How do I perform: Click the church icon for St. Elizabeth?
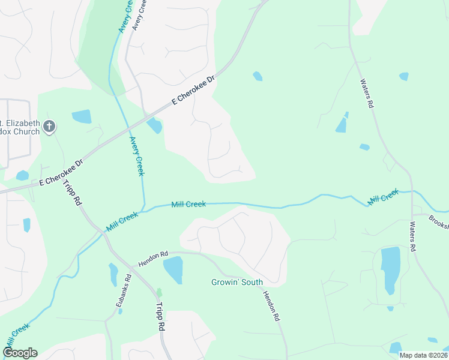click(x=50, y=127)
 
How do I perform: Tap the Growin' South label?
click(x=237, y=282)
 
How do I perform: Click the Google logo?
click(x=20, y=353)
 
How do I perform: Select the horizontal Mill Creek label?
click(x=188, y=205)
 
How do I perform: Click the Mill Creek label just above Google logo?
click(x=17, y=338)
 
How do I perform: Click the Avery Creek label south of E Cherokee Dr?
click(x=137, y=157)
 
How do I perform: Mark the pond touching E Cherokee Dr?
click(x=154, y=125)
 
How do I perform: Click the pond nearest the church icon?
click(x=82, y=116)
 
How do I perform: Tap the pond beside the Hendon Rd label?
click(x=173, y=269)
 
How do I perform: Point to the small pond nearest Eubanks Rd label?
click(x=113, y=275)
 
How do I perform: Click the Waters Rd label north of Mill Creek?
click(x=367, y=93)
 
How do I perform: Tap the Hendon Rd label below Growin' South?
click(x=271, y=305)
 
